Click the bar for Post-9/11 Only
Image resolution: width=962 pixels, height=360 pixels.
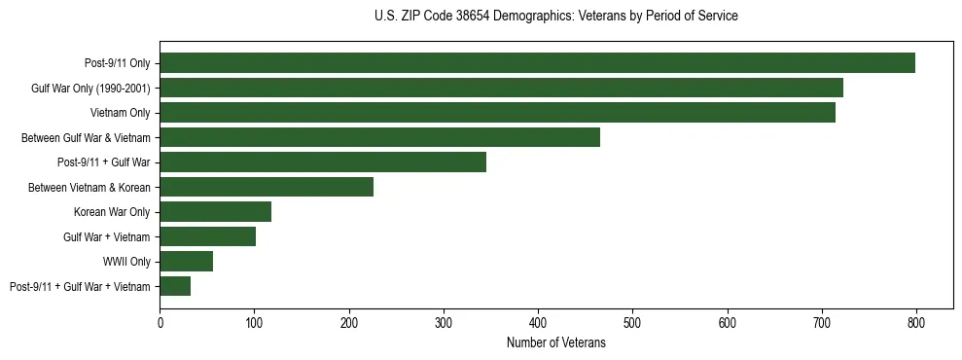[537, 63]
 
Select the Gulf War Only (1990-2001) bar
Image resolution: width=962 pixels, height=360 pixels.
[501, 88]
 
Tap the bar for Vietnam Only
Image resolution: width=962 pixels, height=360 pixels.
[497, 113]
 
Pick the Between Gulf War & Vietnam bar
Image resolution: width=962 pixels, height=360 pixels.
[379, 137]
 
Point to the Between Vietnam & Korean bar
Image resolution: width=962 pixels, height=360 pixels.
[267, 187]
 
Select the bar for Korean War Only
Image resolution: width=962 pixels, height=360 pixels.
[215, 212]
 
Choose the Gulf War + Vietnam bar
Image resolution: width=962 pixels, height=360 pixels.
[207, 236]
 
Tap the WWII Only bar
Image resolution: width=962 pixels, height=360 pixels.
[186, 261]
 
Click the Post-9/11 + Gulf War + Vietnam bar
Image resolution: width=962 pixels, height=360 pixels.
[175, 286]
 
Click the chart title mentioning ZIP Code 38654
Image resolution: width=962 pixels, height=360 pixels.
[555, 17]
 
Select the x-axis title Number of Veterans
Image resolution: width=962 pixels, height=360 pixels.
[555, 342]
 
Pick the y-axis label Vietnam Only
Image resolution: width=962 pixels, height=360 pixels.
[120, 113]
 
